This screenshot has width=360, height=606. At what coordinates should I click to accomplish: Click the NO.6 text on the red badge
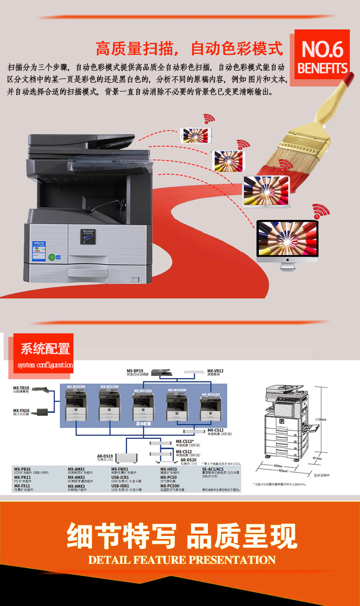tap(322, 49)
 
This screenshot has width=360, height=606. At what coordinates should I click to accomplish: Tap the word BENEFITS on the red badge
tap(322, 68)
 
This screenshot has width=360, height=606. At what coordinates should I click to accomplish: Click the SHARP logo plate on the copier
tap(88, 236)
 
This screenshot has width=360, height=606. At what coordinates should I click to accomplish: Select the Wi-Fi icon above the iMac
tap(321, 211)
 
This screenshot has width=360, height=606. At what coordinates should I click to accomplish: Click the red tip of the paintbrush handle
tap(348, 79)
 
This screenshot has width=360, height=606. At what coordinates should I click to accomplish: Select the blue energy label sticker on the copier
tap(39, 251)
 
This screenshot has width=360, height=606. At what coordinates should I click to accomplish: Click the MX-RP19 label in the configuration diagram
tap(135, 371)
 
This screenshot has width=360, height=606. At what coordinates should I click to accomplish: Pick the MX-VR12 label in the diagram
tap(215, 371)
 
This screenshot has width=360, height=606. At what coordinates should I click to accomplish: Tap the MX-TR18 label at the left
tap(21, 388)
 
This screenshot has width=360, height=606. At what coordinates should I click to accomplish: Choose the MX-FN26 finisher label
tap(21, 411)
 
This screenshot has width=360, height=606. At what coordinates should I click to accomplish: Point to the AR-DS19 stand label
tap(105, 456)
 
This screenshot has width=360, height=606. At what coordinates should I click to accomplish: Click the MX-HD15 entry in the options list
tap(169, 469)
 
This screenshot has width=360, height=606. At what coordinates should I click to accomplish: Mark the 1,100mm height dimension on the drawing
tap(321, 420)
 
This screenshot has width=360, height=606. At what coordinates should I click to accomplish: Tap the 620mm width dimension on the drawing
tap(278, 466)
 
